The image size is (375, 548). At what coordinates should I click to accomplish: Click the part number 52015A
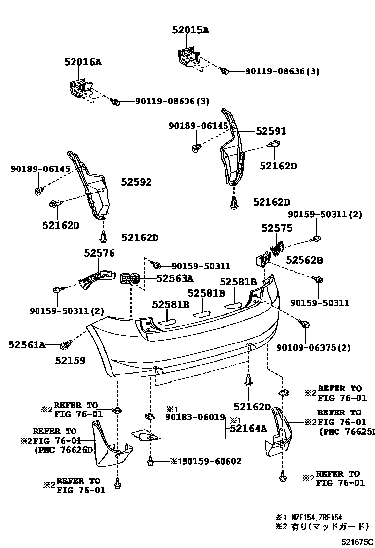[190, 30]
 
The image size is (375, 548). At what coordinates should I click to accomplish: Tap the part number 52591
[271, 132]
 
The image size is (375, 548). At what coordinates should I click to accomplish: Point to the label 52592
[136, 182]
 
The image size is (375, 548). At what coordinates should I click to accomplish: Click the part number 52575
[277, 228]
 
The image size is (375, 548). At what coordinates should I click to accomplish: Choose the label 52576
[99, 254]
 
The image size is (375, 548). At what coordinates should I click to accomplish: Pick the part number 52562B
[304, 260]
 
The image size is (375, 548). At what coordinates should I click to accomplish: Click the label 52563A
[175, 278]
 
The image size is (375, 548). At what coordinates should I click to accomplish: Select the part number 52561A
[27, 345]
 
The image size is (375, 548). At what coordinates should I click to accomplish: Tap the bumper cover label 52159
[71, 361]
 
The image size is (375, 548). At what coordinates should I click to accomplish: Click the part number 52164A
[248, 429]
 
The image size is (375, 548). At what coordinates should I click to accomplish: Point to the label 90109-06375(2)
[320, 348]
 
